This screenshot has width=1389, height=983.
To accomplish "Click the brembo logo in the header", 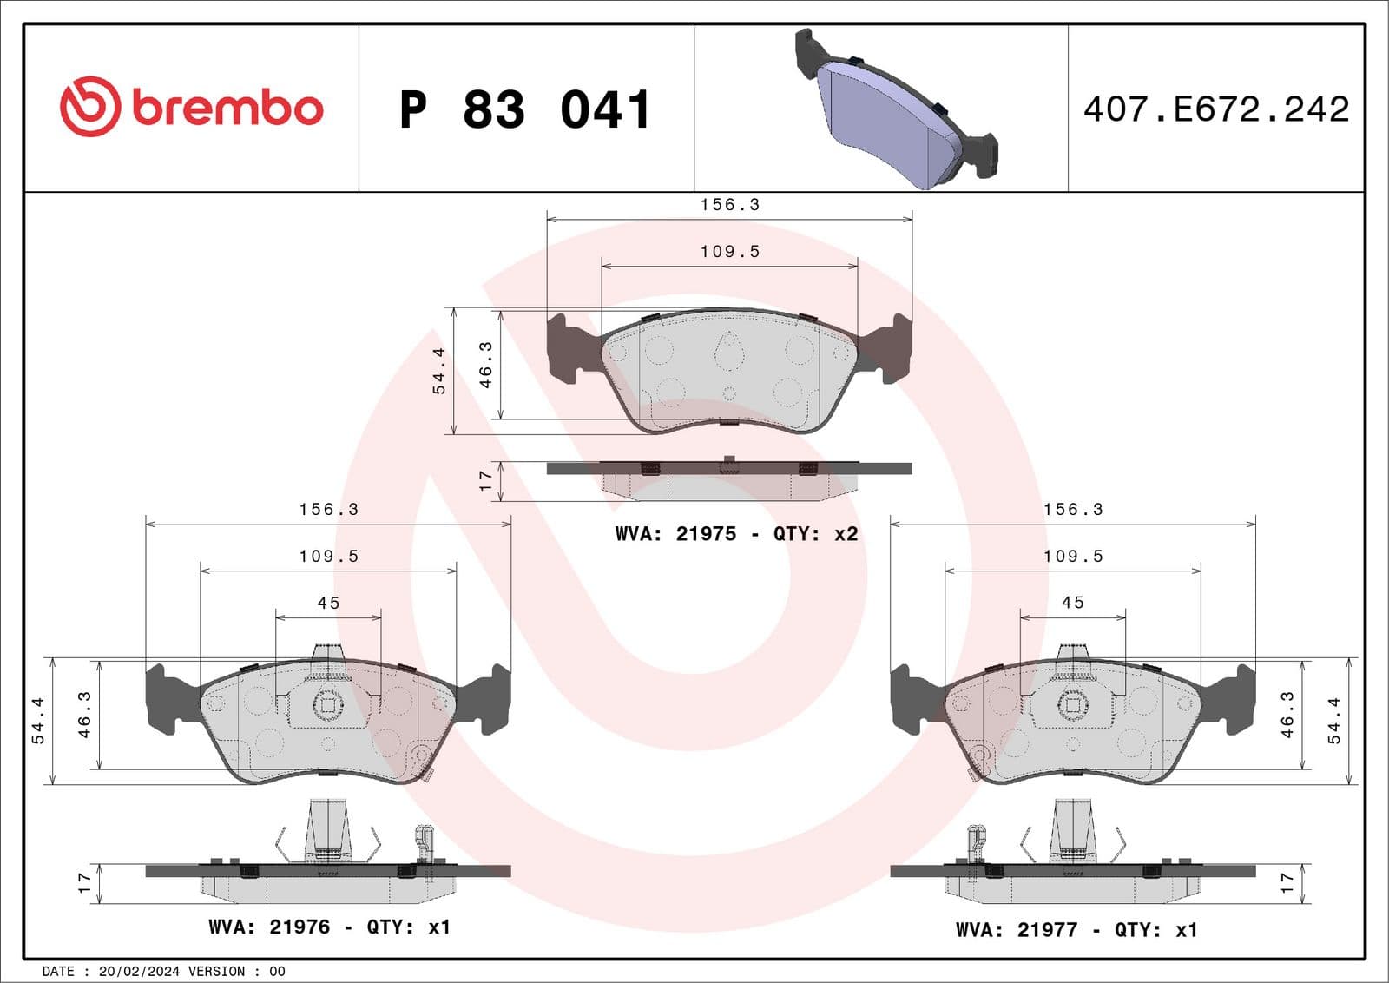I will click(191, 107).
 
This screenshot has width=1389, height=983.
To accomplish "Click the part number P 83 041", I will click(525, 109).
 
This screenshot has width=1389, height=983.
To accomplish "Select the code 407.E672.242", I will click(1215, 109).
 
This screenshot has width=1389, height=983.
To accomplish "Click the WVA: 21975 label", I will click(675, 534).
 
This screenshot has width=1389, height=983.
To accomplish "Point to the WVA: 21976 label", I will click(269, 927).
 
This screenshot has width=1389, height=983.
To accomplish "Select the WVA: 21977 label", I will click(1016, 929).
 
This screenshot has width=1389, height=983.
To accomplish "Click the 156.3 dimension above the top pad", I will click(729, 205).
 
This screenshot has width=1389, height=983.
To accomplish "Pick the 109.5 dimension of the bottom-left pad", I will click(328, 556).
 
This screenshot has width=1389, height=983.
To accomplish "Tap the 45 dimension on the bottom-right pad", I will click(1073, 603).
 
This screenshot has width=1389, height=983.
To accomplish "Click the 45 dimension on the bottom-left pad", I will click(328, 603).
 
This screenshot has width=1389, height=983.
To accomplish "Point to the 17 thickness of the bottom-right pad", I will click(1287, 883).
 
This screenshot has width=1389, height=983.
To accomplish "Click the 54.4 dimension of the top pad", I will click(439, 371).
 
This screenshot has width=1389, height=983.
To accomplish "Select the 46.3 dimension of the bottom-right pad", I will click(1287, 715).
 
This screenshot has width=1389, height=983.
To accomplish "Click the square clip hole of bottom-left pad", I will click(328, 705).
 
